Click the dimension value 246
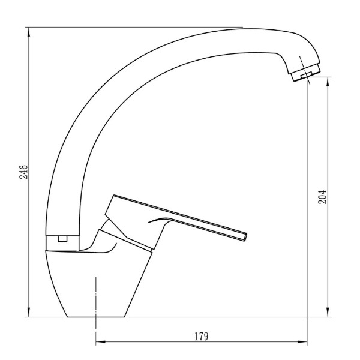point(23,172)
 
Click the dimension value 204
point(322,197)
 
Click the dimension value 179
point(202,337)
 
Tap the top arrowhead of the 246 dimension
point(29,32)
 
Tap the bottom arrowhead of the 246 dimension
point(29,312)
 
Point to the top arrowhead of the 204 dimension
point(328,82)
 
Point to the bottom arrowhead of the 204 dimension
point(328,312)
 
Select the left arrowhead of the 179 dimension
point(101,341)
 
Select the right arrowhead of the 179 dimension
point(302,341)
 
